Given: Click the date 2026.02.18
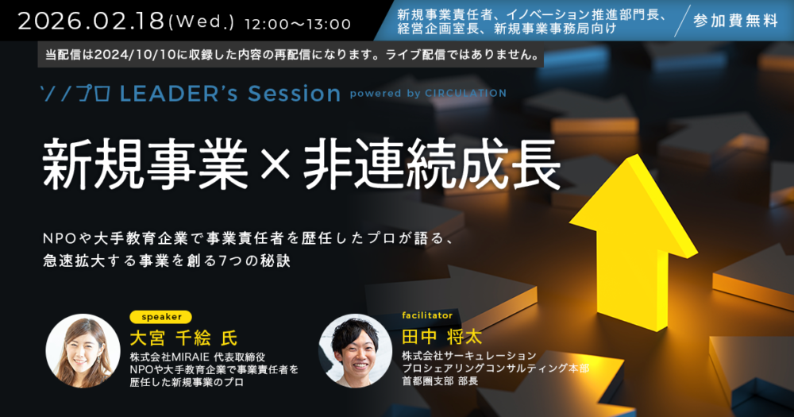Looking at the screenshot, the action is coord(91,21).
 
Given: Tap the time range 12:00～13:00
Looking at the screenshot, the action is coord(297,24).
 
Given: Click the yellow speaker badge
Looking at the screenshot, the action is coord(160,317).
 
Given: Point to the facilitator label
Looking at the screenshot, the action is coord(427,315).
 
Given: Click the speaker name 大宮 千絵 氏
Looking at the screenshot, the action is coord(184,338).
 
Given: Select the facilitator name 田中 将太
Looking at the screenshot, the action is coord(442,337).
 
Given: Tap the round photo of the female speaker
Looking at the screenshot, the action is coord(83,350).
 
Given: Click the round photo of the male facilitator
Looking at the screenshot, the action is coord(355,350).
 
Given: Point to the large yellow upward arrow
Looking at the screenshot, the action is coord(633,243).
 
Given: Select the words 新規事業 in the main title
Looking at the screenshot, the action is coord(145,164).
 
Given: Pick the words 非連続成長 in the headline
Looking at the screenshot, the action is coord(432,164).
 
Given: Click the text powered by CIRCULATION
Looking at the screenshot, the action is coord(428,93).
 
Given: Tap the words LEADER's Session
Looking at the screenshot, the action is coord(230,93).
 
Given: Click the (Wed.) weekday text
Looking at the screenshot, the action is coord(201,23).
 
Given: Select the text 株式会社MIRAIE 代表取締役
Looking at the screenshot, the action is coord(198,357).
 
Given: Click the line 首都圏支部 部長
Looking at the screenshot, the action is coord(440,380).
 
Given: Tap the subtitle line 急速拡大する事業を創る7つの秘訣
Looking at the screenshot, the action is coord(167,261).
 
